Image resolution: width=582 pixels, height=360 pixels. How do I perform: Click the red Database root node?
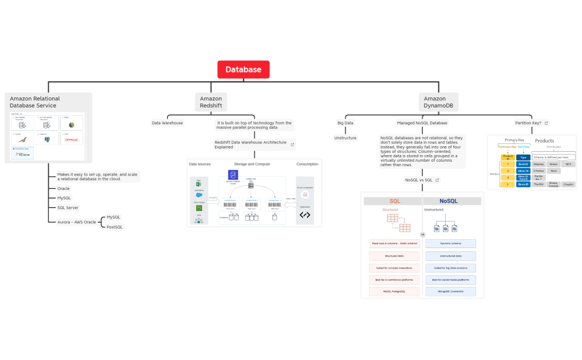pos(243,70)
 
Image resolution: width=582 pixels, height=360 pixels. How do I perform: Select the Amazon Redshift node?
pos(211,102)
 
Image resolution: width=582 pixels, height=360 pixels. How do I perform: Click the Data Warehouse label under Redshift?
pos(167,123)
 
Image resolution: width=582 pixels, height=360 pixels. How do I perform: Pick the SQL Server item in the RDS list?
pos(68,208)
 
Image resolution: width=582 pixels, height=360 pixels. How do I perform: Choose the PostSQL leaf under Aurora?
pos(115,227)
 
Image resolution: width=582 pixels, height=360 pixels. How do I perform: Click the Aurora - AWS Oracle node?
pos(76,222)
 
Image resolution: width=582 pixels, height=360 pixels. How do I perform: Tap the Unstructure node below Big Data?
pos(345,138)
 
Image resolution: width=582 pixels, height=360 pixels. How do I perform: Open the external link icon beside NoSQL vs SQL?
pos(437,180)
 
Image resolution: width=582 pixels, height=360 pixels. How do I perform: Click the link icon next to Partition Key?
pos(546,123)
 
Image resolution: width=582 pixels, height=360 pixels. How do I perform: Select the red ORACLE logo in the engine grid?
pos(71,140)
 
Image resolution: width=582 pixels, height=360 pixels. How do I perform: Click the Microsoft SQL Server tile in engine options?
pos(22,153)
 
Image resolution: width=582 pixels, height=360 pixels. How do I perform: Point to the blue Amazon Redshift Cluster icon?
pos(233,174)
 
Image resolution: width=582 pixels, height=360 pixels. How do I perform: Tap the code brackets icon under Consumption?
pos(305,215)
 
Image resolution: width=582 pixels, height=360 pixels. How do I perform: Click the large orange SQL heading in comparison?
pos(395,201)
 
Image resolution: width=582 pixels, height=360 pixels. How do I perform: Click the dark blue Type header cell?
pos(523,157)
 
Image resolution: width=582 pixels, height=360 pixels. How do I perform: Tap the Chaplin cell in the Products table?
pos(568,184)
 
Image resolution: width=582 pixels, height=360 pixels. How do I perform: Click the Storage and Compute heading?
pos(252,164)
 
